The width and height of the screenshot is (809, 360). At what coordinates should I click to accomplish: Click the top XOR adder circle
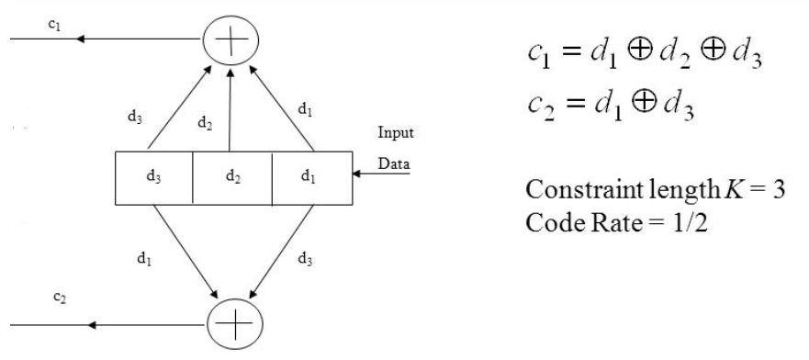click(x=230, y=39)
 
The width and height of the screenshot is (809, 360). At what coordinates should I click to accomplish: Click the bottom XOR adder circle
click(x=234, y=325)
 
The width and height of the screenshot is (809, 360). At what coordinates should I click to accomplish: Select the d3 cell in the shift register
click(x=153, y=177)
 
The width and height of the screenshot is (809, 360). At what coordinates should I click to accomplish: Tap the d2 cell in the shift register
click(x=232, y=177)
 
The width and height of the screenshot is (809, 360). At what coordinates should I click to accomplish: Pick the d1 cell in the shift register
click(x=311, y=177)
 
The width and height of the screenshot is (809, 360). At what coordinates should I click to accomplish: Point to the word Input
click(x=396, y=132)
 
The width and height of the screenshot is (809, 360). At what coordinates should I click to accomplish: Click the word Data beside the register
click(x=394, y=164)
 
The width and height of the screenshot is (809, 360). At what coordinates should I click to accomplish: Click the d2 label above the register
click(x=208, y=122)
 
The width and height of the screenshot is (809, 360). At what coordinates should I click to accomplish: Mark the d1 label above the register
click(x=304, y=109)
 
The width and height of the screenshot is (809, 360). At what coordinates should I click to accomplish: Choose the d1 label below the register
click(x=144, y=259)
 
